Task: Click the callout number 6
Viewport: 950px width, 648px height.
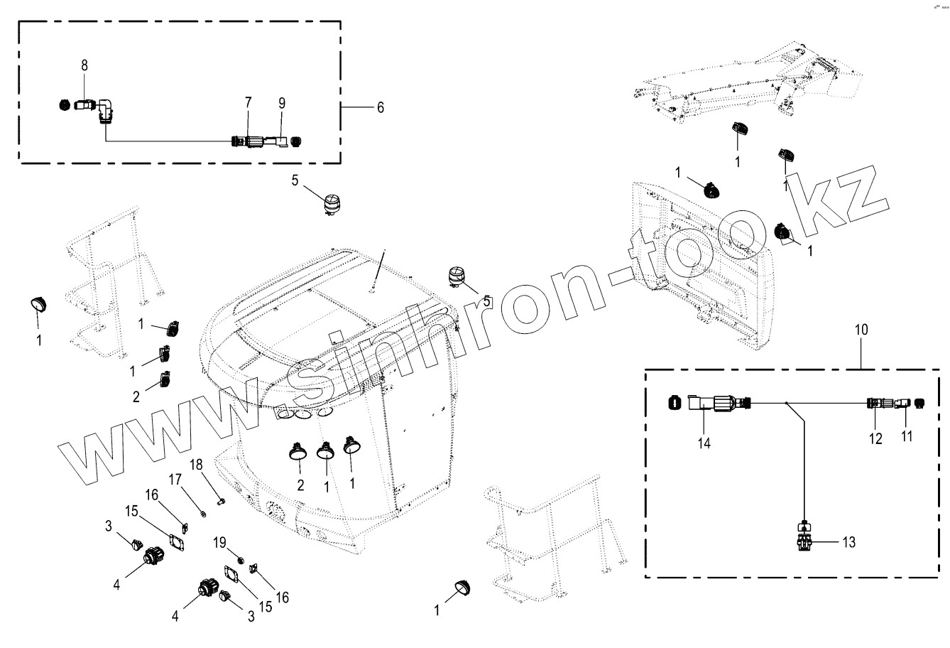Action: (x=380, y=107)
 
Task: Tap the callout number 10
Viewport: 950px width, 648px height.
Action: (x=861, y=330)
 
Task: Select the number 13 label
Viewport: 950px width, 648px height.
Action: (x=849, y=543)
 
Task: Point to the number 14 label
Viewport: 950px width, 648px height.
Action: (x=704, y=443)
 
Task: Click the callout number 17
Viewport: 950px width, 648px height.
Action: (x=175, y=481)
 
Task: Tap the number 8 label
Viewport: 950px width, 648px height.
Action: (x=84, y=65)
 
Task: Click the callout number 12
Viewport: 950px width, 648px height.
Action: (x=875, y=438)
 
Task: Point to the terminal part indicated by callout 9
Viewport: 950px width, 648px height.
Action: (x=280, y=141)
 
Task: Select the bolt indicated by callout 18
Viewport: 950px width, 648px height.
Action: (x=221, y=502)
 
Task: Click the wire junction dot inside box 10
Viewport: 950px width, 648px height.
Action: (x=787, y=403)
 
